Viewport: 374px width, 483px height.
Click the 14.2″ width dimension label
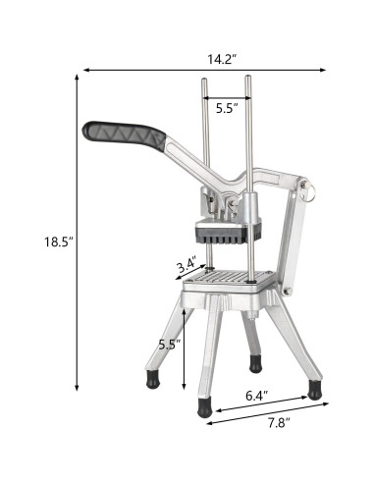222,60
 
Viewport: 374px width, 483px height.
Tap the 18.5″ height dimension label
59,241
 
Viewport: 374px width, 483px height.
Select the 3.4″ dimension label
187,265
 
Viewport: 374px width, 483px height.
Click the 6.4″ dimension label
257,396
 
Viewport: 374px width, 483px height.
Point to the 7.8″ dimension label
279,423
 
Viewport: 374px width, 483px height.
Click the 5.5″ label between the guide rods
227,108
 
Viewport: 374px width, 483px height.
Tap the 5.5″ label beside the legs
170,345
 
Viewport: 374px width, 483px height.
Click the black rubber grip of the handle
125,135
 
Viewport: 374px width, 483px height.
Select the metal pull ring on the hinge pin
310,191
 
